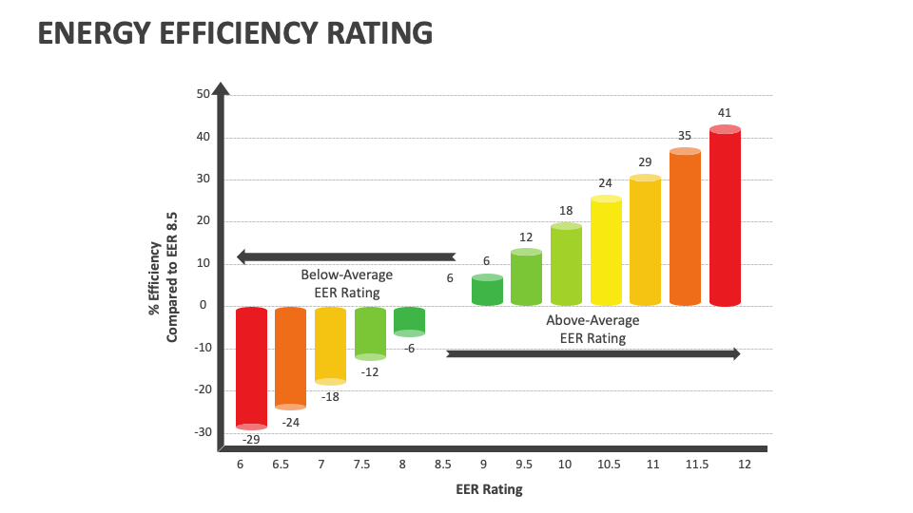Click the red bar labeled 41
pyautogui.click(x=725, y=218)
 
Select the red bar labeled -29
pyautogui.click(x=251, y=369)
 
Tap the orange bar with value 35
pyautogui.click(x=685, y=228)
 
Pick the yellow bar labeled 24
pyautogui.click(x=606, y=252)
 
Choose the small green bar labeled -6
pyautogui.click(x=409, y=321)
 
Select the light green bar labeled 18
pyautogui.click(x=566, y=265)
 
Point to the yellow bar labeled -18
pyautogui.click(x=330, y=345)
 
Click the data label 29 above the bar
pyautogui.click(x=645, y=162)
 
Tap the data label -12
pyautogui.click(x=370, y=371)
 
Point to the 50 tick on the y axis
pyautogui.click(x=203, y=94)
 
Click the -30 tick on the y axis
pyautogui.click(x=203, y=432)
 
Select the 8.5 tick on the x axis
pyautogui.click(x=442, y=464)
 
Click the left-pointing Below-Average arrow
pyautogui.click(x=346, y=256)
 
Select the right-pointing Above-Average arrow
pyautogui.click(x=592, y=353)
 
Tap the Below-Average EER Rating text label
pyautogui.click(x=346, y=283)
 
